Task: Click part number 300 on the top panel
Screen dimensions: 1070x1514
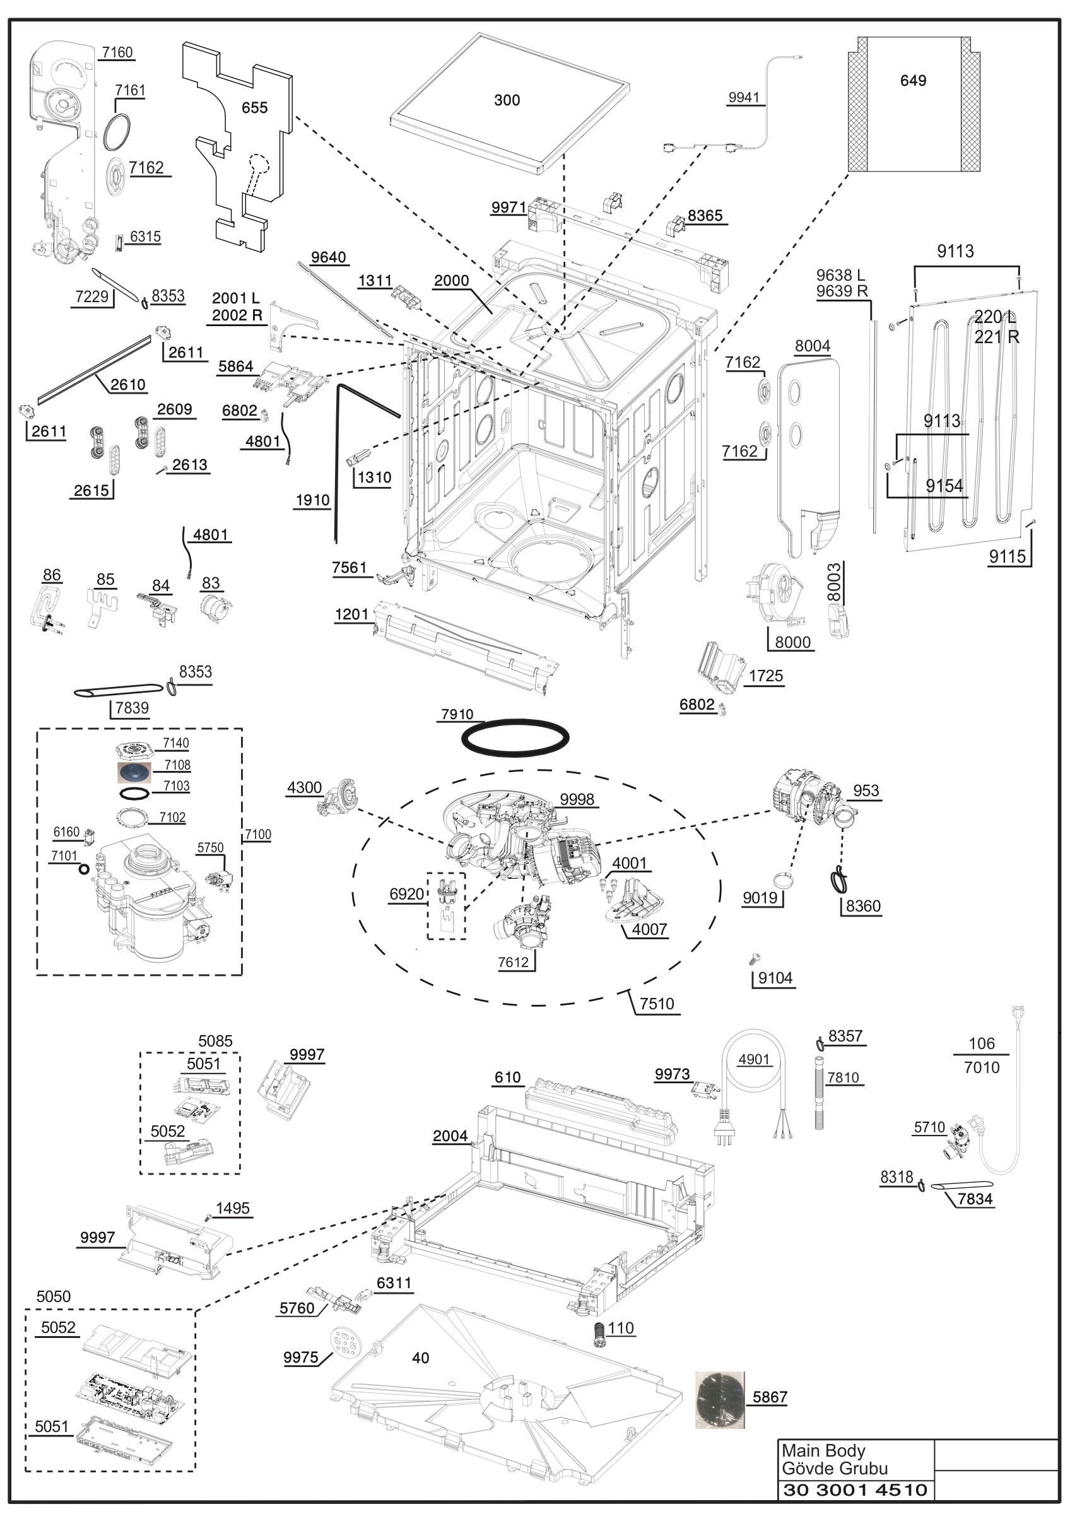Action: coord(507,100)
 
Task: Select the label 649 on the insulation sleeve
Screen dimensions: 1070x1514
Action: coord(913,81)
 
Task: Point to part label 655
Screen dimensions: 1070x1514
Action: coord(254,107)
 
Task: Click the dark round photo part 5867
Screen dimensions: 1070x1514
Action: coord(720,1399)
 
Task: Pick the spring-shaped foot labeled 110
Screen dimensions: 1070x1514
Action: coord(599,1334)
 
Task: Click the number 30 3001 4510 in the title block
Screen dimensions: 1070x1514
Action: coord(855,1489)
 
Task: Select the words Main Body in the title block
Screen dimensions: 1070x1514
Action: coord(823,1451)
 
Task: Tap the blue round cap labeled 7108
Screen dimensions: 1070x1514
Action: coord(134,772)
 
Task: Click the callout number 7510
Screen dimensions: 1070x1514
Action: coord(657,1004)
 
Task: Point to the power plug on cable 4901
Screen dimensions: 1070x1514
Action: coord(724,1127)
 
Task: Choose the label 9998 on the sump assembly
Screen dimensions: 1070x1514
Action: coord(577,799)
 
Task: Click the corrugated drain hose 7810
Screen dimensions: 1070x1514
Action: coord(820,1093)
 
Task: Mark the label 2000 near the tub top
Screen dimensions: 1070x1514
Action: coord(451,280)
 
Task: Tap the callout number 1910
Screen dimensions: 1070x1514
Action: coord(312,500)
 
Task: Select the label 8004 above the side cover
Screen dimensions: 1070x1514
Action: coord(812,346)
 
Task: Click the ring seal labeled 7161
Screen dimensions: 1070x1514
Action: coord(117,131)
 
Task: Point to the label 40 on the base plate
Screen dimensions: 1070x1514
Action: coord(421,1358)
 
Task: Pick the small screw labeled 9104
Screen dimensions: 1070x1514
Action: coord(756,958)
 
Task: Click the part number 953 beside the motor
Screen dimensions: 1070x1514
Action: coord(866,790)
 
